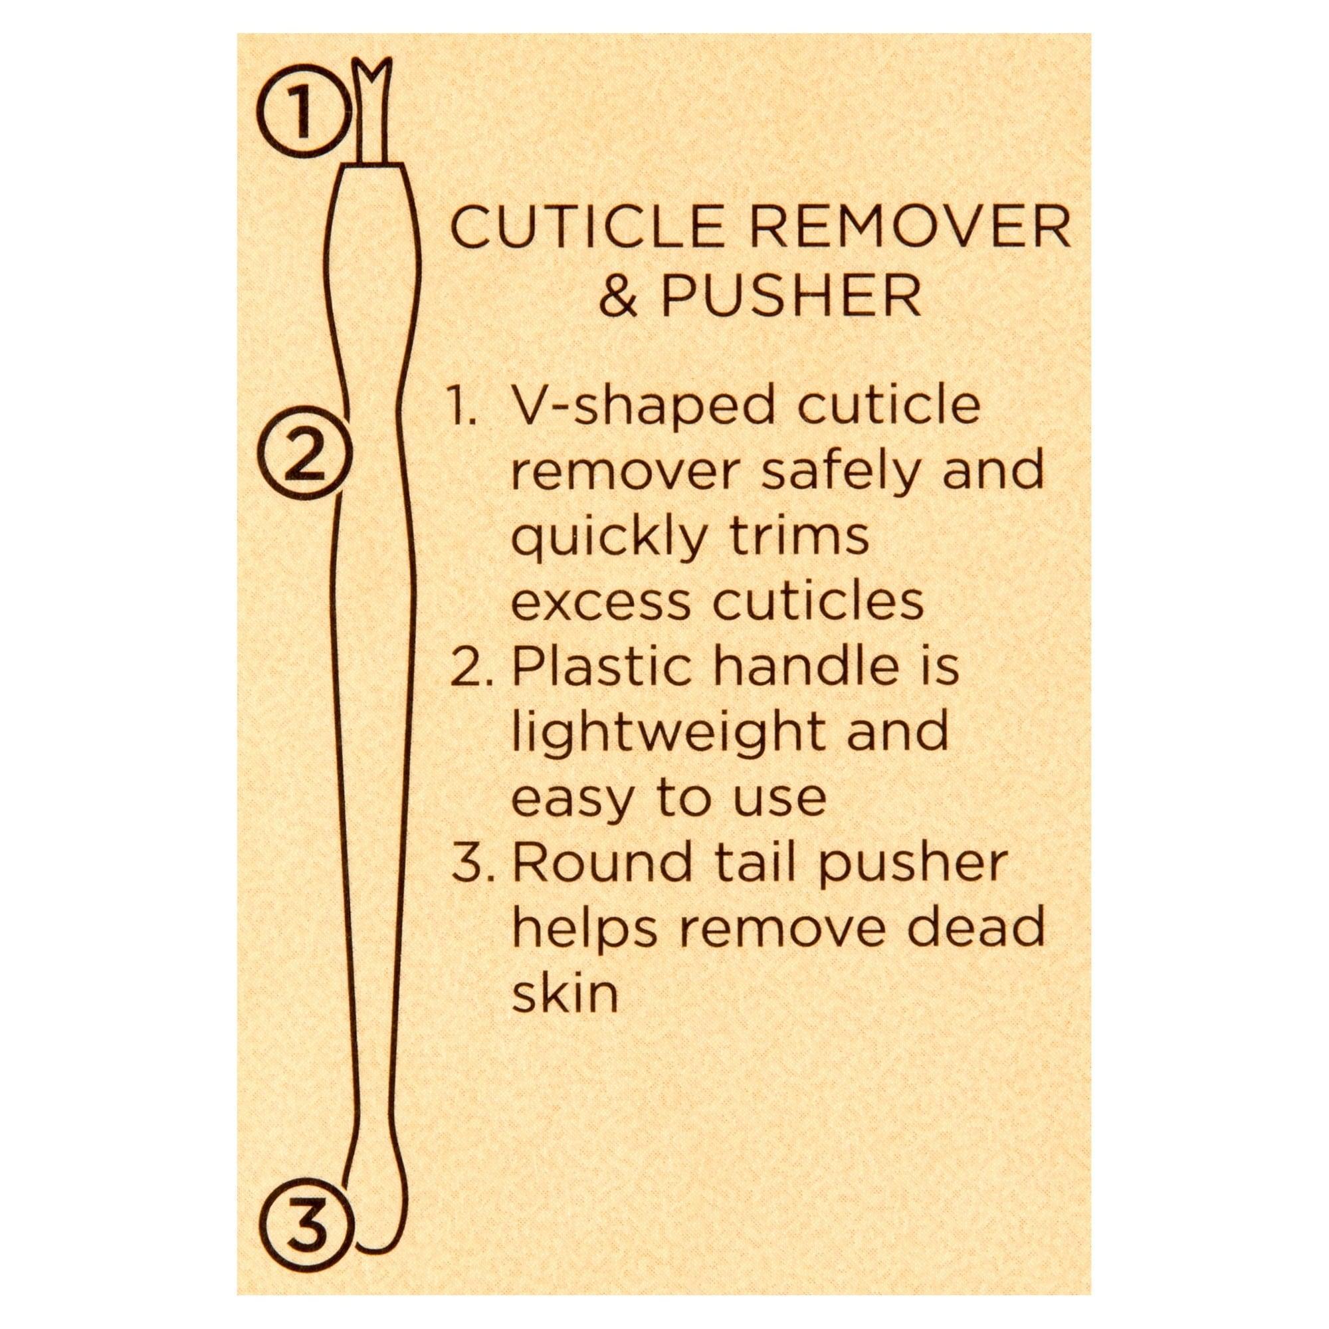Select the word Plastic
click(603, 668)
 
